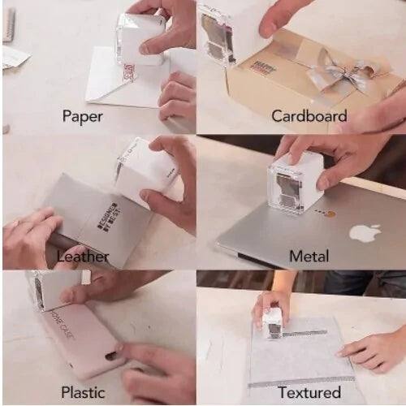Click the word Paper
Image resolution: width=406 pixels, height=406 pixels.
[83, 116]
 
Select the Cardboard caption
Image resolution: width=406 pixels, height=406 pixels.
[308, 116]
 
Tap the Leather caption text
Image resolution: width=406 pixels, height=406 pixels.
[83, 257]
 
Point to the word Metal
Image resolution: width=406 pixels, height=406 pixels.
[309, 257]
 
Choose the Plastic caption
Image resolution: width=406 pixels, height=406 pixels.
[82, 392]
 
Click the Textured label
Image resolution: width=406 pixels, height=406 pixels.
[309, 392]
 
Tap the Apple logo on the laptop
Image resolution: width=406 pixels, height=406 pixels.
[365, 233]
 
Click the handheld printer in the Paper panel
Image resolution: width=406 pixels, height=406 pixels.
[140, 37]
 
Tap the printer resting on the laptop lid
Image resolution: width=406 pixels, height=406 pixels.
[293, 182]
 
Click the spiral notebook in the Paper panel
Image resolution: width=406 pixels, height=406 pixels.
[9, 24]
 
